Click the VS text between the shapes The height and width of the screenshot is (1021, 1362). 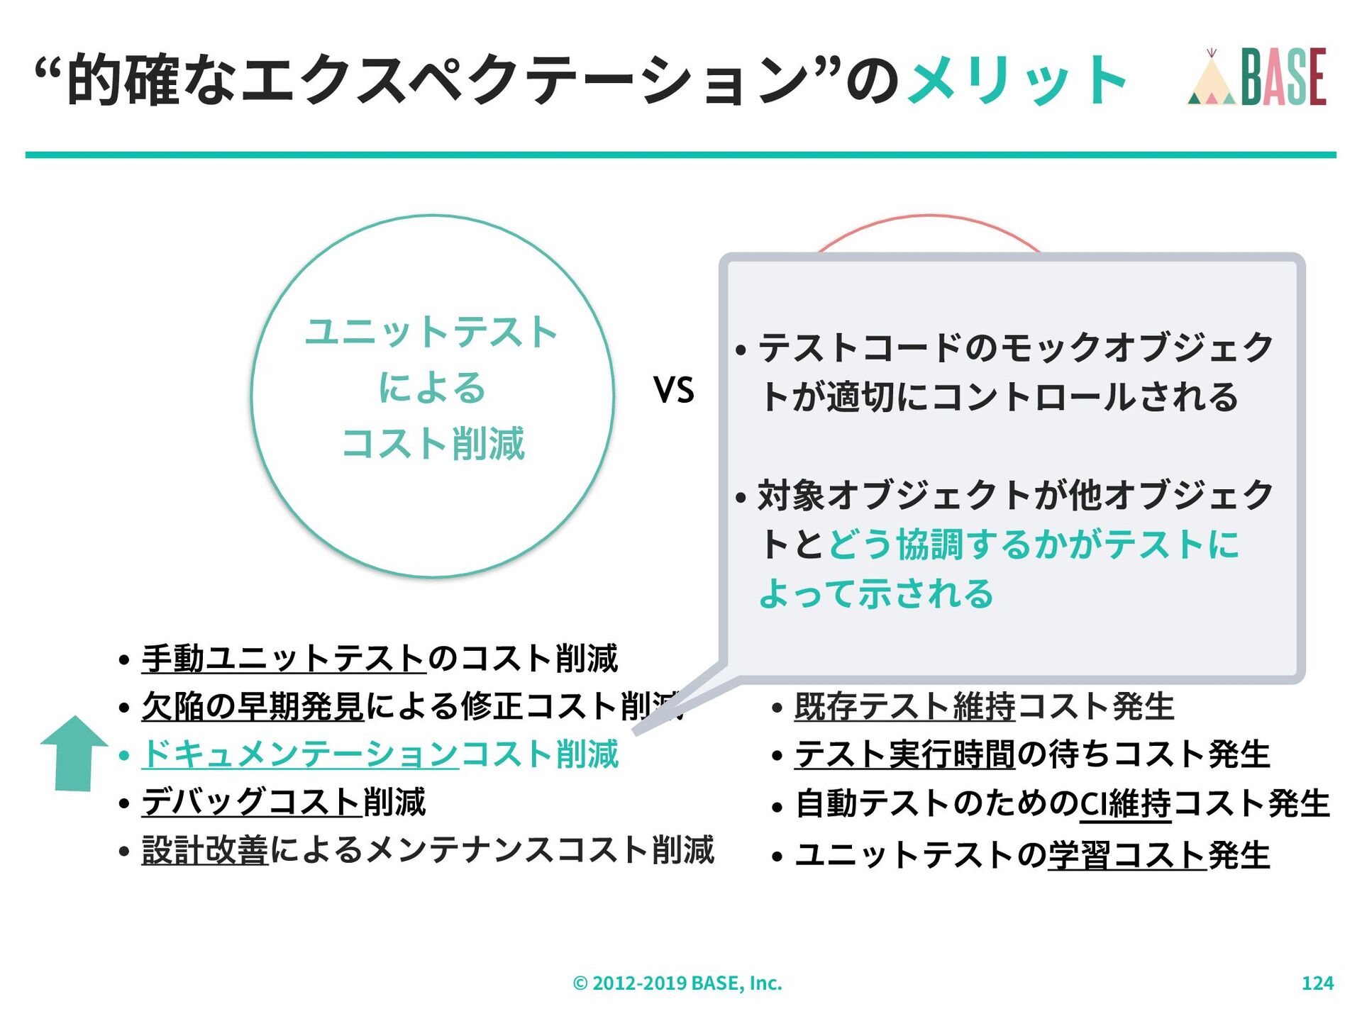click(x=673, y=390)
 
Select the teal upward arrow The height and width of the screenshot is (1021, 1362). click(x=74, y=753)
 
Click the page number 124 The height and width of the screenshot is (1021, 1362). click(x=1317, y=983)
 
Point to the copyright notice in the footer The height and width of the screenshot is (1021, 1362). click(x=677, y=983)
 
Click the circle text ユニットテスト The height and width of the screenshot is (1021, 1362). click(x=431, y=332)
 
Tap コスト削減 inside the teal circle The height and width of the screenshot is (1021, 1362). click(x=433, y=444)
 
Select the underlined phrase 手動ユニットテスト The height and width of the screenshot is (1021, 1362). click(x=283, y=658)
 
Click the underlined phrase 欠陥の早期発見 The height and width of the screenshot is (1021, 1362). click(x=253, y=706)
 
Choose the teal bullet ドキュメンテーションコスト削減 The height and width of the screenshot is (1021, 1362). click(x=381, y=754)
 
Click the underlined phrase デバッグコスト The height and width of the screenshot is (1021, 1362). click(x=252, y=802)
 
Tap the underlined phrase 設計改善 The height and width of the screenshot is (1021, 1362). click(x=204, y=850)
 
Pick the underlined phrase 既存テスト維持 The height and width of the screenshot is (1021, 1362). click(x=904, y=706)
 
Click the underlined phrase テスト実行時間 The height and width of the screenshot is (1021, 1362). click(x=904, y=754)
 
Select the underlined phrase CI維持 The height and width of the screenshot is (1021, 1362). click(x=1125, y=803)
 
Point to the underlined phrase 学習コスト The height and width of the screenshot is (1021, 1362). click(x=1126, y=854)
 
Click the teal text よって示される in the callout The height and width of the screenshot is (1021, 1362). click(x=876, y=593)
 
